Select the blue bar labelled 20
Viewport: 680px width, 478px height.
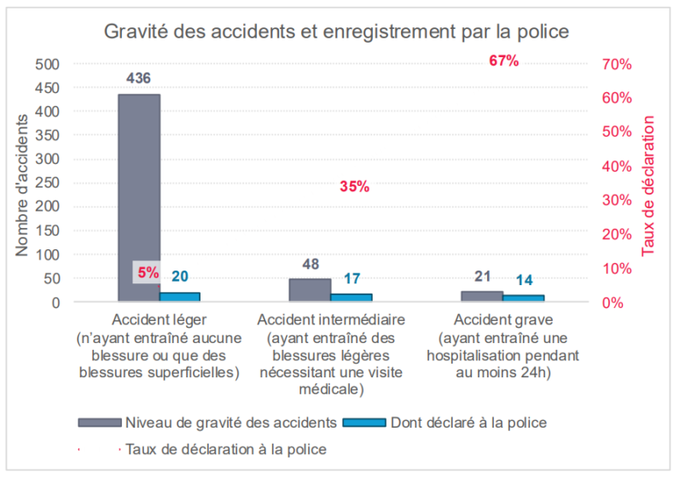point(179,297)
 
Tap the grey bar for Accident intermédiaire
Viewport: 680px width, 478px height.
point(309,290)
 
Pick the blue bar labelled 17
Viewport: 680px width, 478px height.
point(351,298)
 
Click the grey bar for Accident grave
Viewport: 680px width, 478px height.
point(481,296)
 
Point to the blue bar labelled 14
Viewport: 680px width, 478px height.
point(523,298)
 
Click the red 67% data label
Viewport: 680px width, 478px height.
point(503,61)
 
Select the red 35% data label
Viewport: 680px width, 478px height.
point(354,187)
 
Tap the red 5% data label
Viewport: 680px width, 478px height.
point(148,273)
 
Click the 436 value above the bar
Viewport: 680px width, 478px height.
point(138,79)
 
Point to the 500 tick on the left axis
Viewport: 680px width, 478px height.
point(48,64)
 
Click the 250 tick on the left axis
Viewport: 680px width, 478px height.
point(48,183)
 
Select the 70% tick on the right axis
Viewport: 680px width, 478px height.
point(615,64)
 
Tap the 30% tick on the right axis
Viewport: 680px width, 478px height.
point(615,200)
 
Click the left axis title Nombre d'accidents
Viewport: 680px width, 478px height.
point(23,183)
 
